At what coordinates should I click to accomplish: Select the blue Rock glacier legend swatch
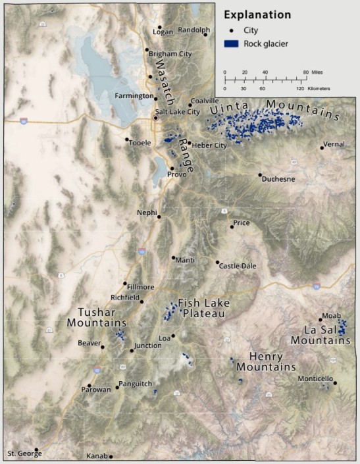(231, 43)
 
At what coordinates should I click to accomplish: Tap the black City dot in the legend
(231, 30)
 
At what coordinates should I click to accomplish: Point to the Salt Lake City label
(178, 112)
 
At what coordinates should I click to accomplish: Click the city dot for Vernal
(322, 147)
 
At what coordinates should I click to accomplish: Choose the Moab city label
(331, 315)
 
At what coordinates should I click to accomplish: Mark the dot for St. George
(38, 450)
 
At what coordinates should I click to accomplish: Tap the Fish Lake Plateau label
(201, 309)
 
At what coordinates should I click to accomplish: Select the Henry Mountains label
(266, 361)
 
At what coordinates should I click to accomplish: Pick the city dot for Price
(232, 227)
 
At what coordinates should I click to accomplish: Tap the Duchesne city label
(278, 178)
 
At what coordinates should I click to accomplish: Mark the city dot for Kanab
(111, 456)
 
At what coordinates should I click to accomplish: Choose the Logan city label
(162, 32)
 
